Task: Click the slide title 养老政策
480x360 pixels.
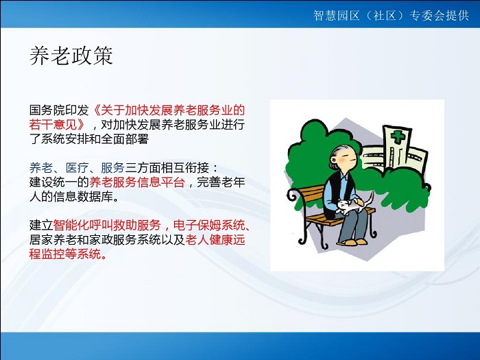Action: (71, 56)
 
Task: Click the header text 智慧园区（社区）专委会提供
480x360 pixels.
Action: (391, 15)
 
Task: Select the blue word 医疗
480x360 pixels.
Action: (77, 168)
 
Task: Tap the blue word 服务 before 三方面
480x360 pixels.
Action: (112, 168)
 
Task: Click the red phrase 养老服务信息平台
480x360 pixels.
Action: (137, 182)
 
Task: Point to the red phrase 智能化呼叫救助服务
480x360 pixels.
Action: (107, 226)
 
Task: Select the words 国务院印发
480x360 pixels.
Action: (59, 110)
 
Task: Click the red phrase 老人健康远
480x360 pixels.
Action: (215, 240)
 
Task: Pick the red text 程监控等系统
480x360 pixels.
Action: (65, 254)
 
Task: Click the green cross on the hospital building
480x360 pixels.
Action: (398, 136)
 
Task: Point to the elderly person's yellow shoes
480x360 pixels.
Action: (352, 242)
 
